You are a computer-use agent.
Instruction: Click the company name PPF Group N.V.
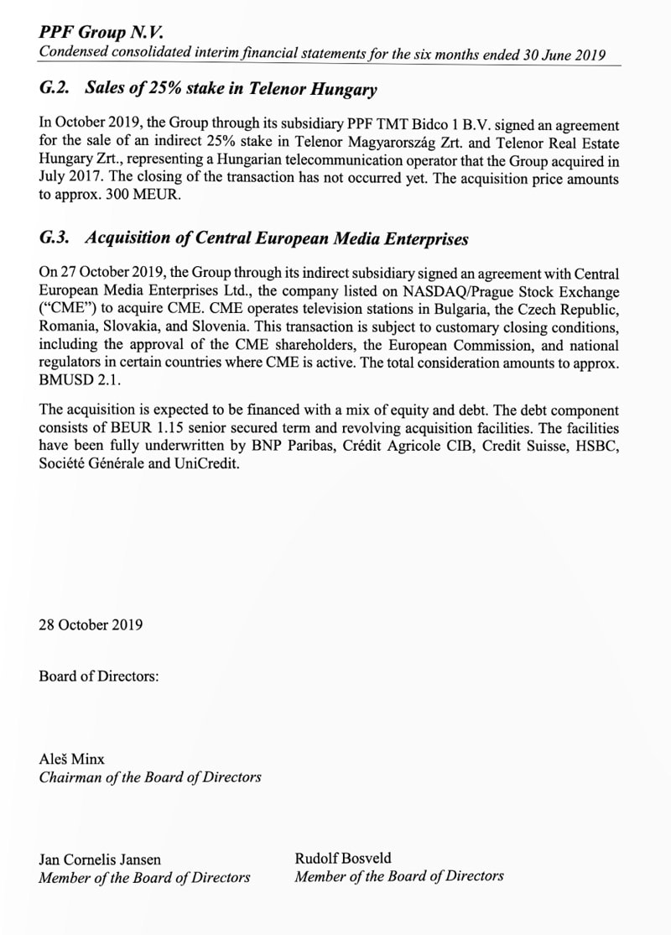click(x=101, y=33)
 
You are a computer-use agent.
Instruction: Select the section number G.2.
click(x=56, y=89)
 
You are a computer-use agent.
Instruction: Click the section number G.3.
click(x=56, y=238)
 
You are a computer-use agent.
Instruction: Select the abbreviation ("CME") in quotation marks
click(x=64, y=310)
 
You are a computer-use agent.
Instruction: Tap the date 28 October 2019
click(x=91, y=624)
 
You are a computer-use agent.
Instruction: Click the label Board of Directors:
click(x=98, y=676)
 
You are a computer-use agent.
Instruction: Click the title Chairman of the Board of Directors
click(x=149, y=777)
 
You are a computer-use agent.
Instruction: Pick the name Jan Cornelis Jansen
click(x=100, y=859)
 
